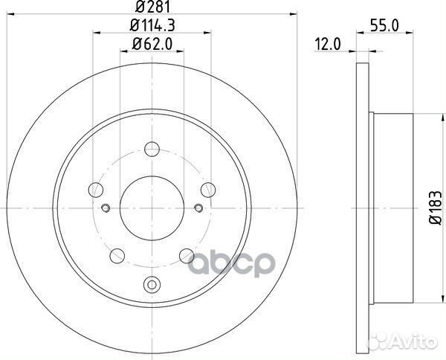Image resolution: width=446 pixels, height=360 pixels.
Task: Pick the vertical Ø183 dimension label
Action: coord(434,202)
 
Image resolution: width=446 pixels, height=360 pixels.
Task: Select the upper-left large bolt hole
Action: coord(94,188)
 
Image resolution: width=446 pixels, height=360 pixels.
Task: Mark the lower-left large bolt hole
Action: coord(116,257)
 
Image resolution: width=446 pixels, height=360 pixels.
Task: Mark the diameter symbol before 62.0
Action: coord(137,45)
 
